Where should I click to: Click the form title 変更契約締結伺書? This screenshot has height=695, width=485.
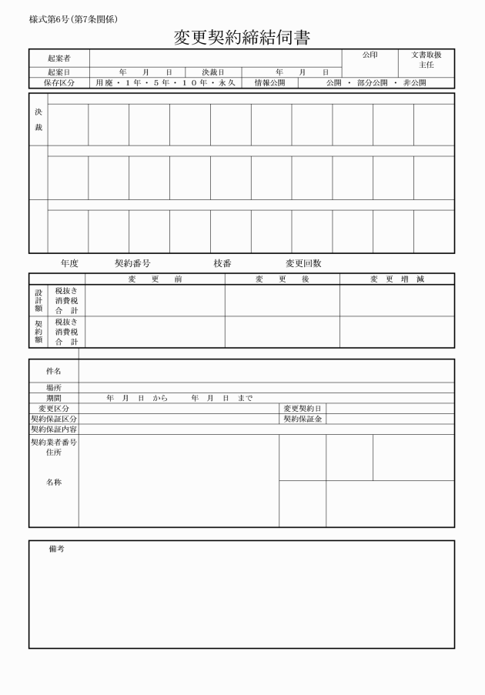pyautogui.click(x=242, y=38)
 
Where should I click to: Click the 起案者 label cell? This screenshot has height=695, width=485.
pyautogui.click(x=59, y=58)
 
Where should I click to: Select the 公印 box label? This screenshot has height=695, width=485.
pyautogui.click(x=370, y=55)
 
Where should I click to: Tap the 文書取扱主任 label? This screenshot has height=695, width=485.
pyautogui.click(x=426, y=60)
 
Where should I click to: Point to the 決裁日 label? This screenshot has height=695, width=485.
pyautogui.click(x=212, y=72)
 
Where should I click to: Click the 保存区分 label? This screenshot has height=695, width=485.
pyautogui.click(x=59, y=82)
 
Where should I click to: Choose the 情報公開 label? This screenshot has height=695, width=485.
pyautogui.click(x=269, y=82)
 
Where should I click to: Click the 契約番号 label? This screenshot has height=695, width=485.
pyautogui.click(x=132, y=263)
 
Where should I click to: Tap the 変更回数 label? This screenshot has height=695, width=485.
pyautogui.click(x=303, y=263)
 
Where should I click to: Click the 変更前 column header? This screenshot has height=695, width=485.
pyautogui.click(x=155, y=279)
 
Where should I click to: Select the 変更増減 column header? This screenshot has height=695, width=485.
pyautogui.click(x=396, y=279)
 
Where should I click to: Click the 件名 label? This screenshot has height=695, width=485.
pyautogui.click(x=53, y=371)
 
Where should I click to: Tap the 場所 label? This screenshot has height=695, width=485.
pyautogui.click(x=53, y=388)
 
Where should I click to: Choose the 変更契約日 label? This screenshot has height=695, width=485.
pyautogui.click(x=303, y=408)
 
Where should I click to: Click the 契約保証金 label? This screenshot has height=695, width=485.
pyautogui.click(x=303, y=419)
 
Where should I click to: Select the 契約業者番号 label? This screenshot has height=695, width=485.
pyautogui.click(x=53, y=443)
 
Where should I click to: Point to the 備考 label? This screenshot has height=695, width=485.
pyautogui.click(x=56, y=549)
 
